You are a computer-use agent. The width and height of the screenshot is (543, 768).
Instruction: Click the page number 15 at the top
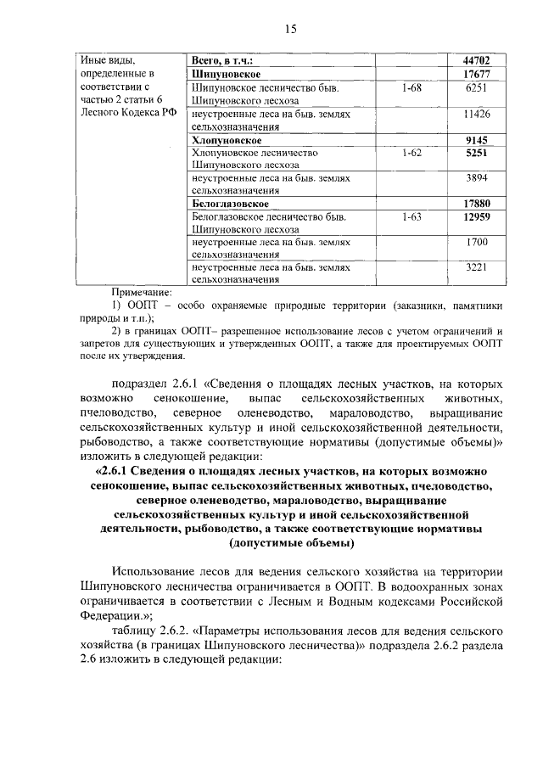coord(290,29)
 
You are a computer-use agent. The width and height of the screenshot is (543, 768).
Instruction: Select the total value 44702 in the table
coord(478,60)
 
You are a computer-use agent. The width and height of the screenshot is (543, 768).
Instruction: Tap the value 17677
coord(478,74)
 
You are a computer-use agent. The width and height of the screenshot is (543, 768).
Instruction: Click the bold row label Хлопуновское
coord(227,139)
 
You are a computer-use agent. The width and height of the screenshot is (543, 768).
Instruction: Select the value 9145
coord(479,139)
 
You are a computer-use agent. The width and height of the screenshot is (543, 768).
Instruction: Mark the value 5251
coord(479,153)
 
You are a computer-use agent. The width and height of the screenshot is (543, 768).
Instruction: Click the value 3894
coord(479,179)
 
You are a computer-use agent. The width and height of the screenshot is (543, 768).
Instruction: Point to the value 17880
coord(478,205)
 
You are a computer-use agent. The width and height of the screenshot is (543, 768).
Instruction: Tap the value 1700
coord(479,244)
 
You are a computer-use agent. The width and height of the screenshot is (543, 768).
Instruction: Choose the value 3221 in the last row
coord(479,268)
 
